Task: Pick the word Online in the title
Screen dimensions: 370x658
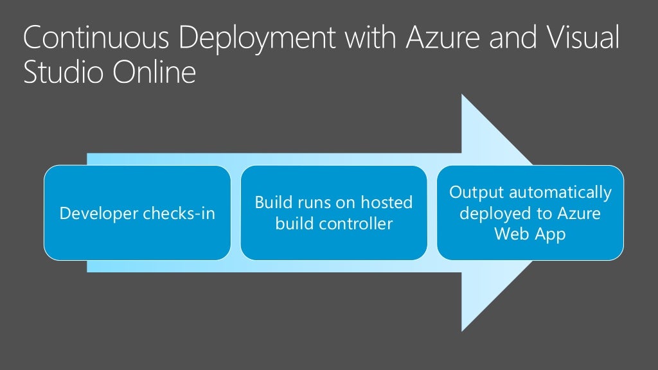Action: pyautogui.click(x=155, y=73)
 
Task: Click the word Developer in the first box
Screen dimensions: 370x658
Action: pyautogui.click(x=99, y=213)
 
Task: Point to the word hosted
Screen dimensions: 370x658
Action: pyautogui.click(x=386, y=203)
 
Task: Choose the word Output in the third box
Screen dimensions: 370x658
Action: pyautogui.click(x=473, y=192)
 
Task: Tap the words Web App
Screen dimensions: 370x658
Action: pyautogui.click(x=530, y=234)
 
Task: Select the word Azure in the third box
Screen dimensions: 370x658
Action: pyautogui.click(x=580, y=213)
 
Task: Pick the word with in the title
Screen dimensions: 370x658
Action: pyautogui.click(x=368, y=40)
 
